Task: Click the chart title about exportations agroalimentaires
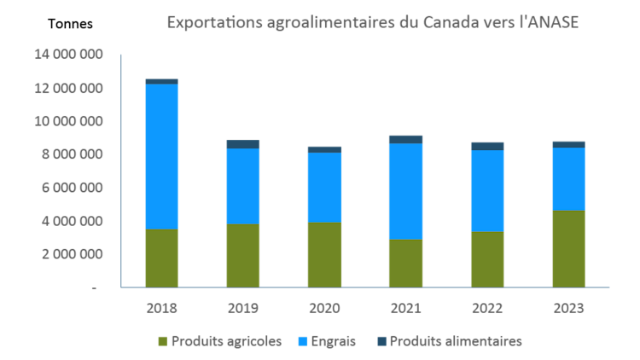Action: (x=372, y=21)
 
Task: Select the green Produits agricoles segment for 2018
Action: (x=162, y=258)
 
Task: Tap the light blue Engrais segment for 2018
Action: (x=162, y=157)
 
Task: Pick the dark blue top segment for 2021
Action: (x=406, y=139)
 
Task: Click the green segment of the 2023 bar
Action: (x=568, y=248)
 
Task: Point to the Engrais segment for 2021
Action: (x=406, y=191)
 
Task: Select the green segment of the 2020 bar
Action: (x=324, y=255)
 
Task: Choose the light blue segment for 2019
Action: (x=243, y=186)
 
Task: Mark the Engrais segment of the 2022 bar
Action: (x=487, y=190)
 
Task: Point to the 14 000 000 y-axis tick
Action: (x=69, y=55)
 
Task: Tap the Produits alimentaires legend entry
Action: (x=449, y=340)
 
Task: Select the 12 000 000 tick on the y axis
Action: (x=69, y=89)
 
